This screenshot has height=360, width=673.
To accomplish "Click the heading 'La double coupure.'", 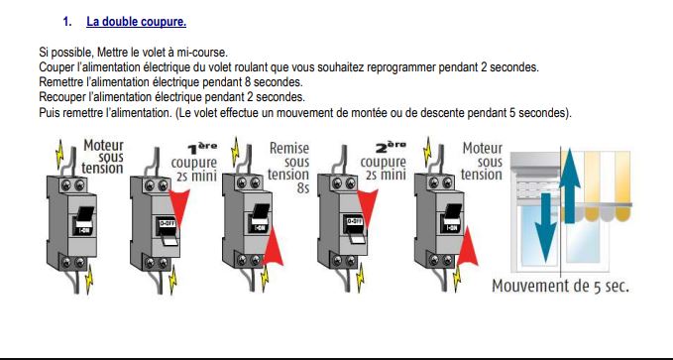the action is coord(136,22).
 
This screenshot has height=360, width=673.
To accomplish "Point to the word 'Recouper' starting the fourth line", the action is coord(58,97).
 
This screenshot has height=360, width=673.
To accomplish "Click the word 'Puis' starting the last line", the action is coord(49,112).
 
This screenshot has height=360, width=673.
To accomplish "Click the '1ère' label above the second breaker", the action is coord(203,148).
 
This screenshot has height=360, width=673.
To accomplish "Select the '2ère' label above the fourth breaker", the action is coord(391,148).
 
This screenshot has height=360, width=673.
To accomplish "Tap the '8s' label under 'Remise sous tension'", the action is coord(302,187).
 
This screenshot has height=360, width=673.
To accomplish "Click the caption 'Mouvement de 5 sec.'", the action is coord(560,286).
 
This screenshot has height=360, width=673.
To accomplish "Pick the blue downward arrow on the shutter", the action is coord(545,227).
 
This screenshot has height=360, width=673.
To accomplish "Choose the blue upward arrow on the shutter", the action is coord(570,185).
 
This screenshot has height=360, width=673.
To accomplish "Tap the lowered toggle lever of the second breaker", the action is coord(170,240).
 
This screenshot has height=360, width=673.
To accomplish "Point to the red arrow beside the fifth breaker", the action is coord(468,246).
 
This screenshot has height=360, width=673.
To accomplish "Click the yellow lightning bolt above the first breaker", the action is coord(59,155).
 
